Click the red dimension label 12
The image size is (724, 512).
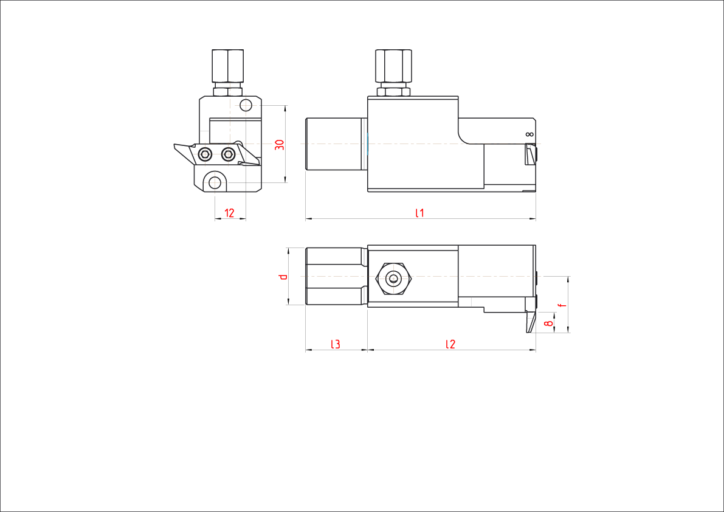pos(229,213)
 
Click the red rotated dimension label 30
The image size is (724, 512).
pos(280,145)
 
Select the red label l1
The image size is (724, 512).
pos(419,213)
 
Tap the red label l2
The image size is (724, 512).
pos(450,344)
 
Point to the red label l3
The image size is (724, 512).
pos(335,344)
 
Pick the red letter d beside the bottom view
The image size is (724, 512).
pos(282,277)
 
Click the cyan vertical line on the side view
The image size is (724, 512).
pos(367,144)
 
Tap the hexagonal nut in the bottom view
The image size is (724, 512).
pos(394,278)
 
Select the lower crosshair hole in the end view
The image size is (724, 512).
pos(213,181)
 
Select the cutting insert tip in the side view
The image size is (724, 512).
pos(531,154)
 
